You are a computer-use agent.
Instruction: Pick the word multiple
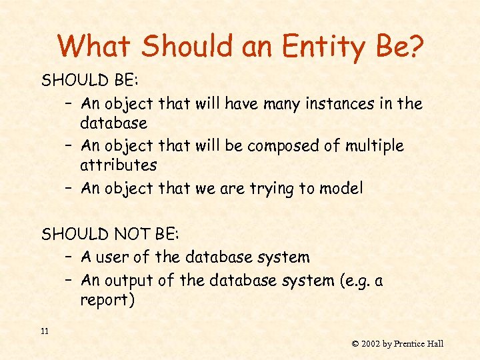pos(373,145)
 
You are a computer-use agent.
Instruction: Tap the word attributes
pos(118,165)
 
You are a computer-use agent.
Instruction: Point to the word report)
pos(107,300)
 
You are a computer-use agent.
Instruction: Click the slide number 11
pos(45,331)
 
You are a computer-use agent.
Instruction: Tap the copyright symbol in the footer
pos(355,344)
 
